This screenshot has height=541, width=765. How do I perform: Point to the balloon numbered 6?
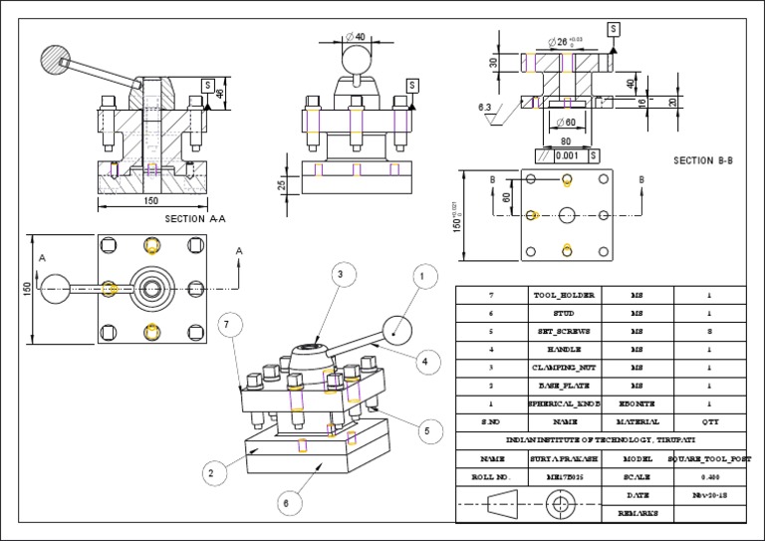coord(286,503)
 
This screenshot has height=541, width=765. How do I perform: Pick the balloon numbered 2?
coord(211,474)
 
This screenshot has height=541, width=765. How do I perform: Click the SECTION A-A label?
coord(195,218)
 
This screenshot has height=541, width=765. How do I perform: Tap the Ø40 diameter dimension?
coord(354,37)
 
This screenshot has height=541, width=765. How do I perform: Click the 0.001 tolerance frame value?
coord(566,155)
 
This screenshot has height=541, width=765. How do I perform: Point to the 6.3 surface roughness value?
coord(485,107)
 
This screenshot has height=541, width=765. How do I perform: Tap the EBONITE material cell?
coord(637,404)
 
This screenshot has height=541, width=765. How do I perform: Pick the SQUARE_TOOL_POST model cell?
coord(710,458)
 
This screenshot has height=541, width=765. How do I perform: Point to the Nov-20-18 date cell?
coord(710,494)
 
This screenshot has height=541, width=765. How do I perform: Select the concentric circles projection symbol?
coord(561,503)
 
